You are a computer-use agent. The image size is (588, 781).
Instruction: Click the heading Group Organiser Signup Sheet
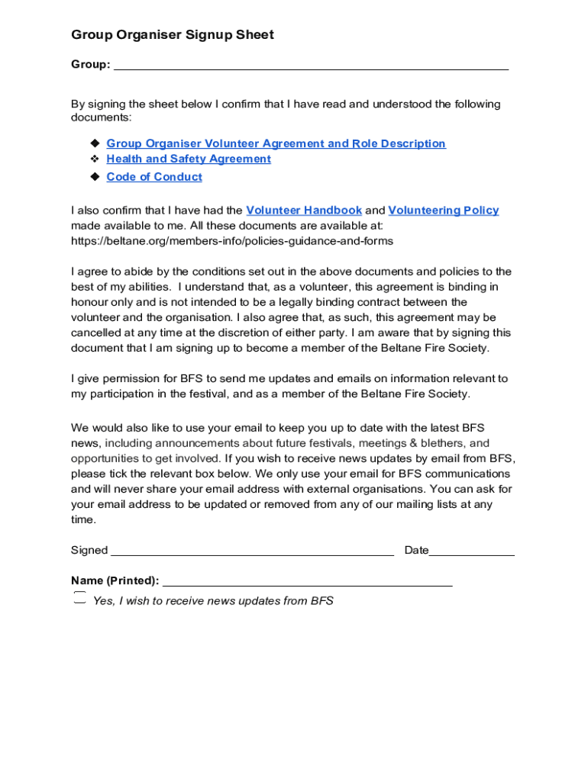pos(172,35)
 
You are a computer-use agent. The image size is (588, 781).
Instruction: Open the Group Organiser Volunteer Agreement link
pos(276,143)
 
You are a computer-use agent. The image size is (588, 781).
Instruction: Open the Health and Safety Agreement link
pos(189,159)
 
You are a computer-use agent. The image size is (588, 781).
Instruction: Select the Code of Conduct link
pos(154,177)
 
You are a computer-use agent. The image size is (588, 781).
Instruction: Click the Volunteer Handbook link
pos(304,211)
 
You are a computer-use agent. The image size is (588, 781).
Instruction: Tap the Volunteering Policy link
pos(443,211)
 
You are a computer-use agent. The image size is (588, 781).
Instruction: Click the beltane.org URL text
pos(232,241)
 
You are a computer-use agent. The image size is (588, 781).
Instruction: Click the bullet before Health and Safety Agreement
pos(95,159)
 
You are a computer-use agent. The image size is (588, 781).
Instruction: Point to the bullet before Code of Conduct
pos(95,177)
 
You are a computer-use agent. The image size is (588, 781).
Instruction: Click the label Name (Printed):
pos(115,581)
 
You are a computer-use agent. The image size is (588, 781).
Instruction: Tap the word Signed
pos(89,551)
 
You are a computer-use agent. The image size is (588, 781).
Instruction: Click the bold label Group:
pos(90,65)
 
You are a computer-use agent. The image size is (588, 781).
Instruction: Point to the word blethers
pos(443,443)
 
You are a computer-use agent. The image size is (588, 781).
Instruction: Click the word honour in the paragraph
pos(89,302)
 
